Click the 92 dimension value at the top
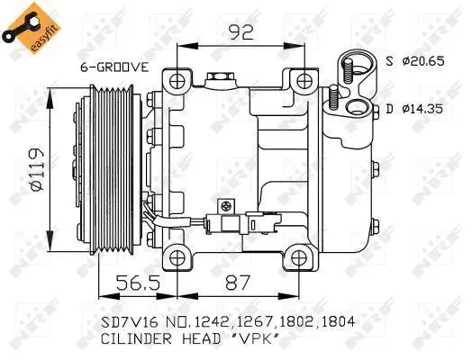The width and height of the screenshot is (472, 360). coord(241,32)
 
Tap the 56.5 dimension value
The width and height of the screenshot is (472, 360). coord(138,283)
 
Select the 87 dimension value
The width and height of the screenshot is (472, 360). coord(238,283)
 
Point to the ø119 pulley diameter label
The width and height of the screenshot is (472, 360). coord(37,169)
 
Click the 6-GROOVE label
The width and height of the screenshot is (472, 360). coord(114,67)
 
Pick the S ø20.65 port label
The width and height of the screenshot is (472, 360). coord(415,62)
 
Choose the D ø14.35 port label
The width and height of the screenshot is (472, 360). coord(415,109)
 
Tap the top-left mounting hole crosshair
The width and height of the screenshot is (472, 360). coord(177,81)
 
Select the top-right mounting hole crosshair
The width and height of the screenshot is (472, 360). coord(304,81)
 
